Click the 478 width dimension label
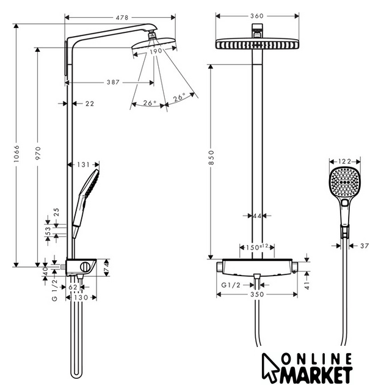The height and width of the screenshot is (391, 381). (x=122, y=18)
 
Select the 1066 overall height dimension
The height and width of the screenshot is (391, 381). (x=16, y=154)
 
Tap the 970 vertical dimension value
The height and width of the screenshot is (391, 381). (x=38, y=153)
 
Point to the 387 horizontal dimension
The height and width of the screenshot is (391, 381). (x=113, y=82)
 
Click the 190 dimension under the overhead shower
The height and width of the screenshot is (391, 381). (x=156, y=51)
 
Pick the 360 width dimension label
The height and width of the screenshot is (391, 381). (x=257, y=16)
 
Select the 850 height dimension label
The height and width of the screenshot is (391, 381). (x=211, y=158)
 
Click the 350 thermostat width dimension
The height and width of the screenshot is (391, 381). (x=257, y=294)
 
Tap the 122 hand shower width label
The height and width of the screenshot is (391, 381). (x=344, y=161)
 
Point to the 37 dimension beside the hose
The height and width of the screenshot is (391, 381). (x=365, y=246)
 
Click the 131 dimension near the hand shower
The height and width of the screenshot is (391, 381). (x=83, y=164)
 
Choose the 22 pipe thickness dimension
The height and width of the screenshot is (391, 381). (x=90, y=103)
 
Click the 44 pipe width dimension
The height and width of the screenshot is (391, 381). (x=257, y=216)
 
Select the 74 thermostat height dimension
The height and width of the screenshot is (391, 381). (x=106, y=268)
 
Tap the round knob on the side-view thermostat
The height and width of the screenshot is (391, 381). (x=85, y=267)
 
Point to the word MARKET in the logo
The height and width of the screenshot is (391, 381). (x=316, y=375)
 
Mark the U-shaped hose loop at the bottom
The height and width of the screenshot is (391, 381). (x=76, y=375)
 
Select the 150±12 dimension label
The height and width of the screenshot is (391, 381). (x=257, y=247)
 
